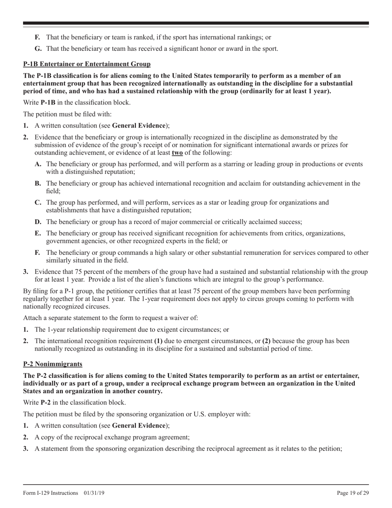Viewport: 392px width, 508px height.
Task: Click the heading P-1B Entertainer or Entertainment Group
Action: (x=87, y=64)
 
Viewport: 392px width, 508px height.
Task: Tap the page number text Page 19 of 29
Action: (x=353, y=493)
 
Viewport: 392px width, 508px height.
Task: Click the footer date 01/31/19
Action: (x=94, y=493)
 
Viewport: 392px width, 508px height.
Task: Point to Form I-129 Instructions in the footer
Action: (x=51, y=493)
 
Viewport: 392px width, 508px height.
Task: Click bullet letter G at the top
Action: (x=38, y=49)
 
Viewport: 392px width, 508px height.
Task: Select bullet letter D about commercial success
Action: (x=38, y=222)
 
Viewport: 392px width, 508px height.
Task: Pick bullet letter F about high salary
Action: (x=38, y=253)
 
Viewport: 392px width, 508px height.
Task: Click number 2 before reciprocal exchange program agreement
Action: (x=26, y=437)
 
